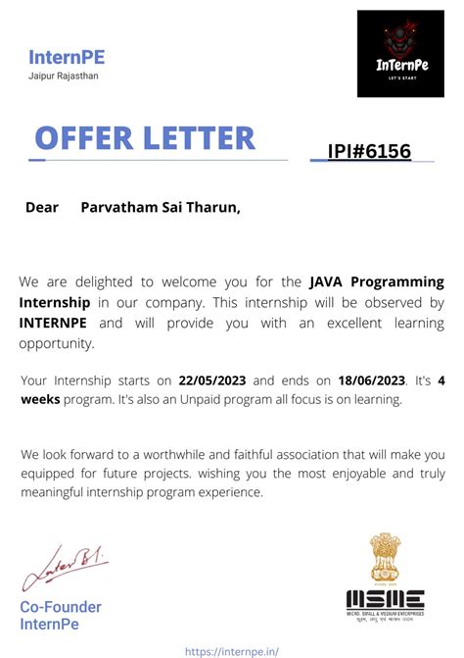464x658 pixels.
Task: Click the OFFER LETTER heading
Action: pos(145,137)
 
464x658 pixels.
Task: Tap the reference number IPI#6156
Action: pos(369,151)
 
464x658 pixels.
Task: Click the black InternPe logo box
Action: pos(400,54)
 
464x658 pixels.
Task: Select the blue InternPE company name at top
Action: pos(67,57)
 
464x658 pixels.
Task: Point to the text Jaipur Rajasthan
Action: pos(64,76)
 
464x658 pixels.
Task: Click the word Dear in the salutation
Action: pos(42,207)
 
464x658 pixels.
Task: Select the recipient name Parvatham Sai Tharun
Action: pos(160,207)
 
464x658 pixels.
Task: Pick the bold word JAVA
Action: pos(329,282)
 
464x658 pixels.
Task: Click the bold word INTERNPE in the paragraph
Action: pos(56,323)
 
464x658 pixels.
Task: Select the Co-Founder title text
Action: pos(61,607)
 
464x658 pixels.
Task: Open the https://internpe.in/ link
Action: pos(232,649)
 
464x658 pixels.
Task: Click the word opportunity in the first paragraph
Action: pos(57,343)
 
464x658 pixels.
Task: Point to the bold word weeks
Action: pos(42,400)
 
